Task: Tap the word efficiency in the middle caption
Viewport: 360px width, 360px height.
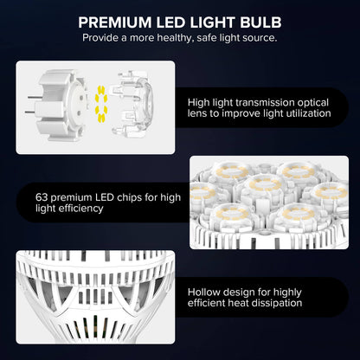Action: pos(75,209)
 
